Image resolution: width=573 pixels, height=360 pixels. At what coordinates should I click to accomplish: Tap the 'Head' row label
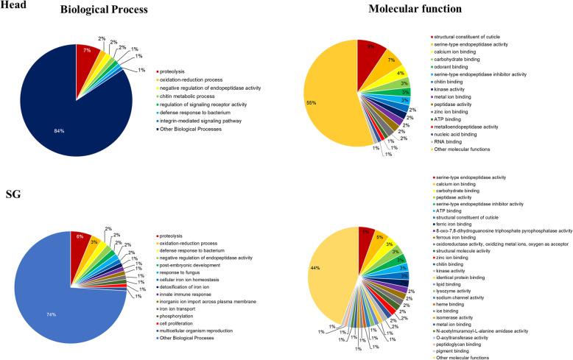13,5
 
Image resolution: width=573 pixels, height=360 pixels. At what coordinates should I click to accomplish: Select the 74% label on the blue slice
48,306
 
